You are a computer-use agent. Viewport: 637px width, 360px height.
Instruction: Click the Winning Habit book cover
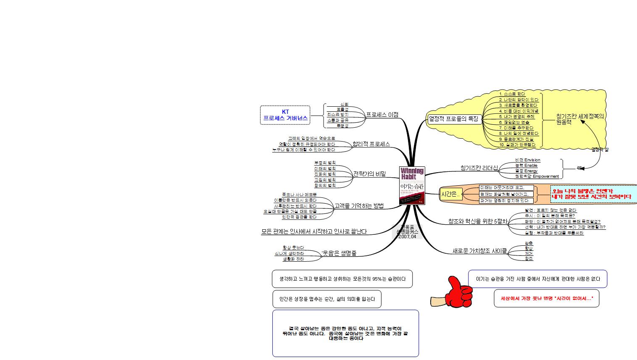(x=412, y=185)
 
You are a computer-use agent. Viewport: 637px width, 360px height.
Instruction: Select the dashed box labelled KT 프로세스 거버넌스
(x=285, y=115)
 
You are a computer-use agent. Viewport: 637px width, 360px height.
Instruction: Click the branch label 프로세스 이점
(x=382, y=115)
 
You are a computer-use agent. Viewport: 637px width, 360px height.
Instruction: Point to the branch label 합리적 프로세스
(x=371, y=144)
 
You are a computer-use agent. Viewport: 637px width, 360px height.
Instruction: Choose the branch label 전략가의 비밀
(x=369, y=174)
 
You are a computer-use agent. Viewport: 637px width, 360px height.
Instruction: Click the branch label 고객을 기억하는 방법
(x=359, y=205)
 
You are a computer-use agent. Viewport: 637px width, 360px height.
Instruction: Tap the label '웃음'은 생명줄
(x=339, y=253)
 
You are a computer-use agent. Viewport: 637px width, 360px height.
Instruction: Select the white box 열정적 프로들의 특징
(x=453, y=118)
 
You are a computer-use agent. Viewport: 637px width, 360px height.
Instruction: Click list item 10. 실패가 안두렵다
(x=517, y=145)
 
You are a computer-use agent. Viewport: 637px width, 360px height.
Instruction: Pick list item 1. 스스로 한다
(x=512, y=94)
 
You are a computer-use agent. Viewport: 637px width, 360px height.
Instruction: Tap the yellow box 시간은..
(x=450, y=194)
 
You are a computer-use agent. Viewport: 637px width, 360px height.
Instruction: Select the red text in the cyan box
(x=592, y=194)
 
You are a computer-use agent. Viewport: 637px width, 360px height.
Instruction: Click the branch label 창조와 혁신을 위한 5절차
(x=478, y=221)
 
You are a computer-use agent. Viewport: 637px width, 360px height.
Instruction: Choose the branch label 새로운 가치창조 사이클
(x=479, y=251)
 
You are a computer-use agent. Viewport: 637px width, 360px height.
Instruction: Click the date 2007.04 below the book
(x=407, y=236)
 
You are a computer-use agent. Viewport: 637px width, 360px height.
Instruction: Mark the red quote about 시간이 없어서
(x=546, y=298)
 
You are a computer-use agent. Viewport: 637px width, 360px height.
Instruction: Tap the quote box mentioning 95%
(x=342, y=279)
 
